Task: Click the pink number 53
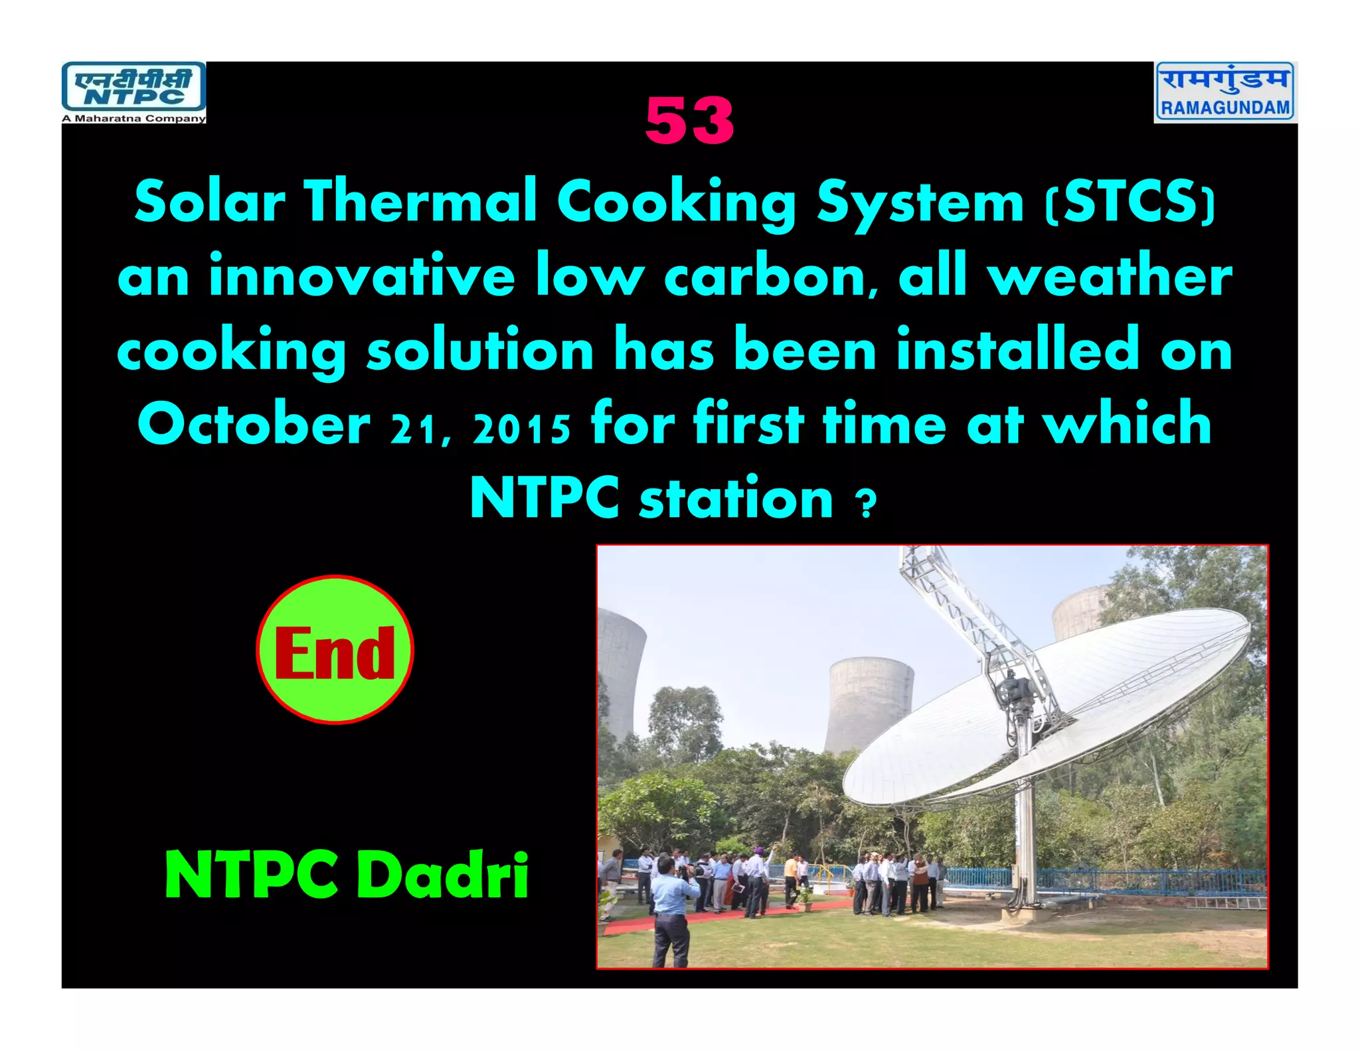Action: [x=689, y=121]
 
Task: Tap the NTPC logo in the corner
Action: [x=133, y=88]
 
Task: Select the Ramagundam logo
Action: [x=1225, y=92]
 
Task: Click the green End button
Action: [x=335, y=650]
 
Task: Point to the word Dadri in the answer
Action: [x=443, y=875]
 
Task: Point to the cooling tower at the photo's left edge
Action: [x=618, y=670]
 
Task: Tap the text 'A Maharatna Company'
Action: [x=133, y=119]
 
